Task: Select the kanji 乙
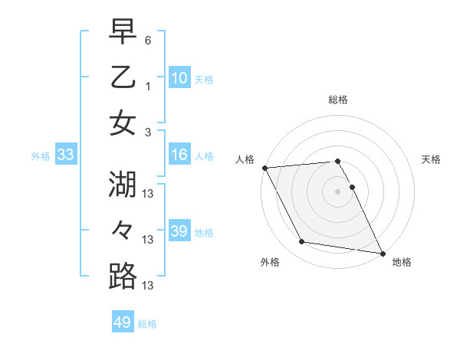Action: point(123,77)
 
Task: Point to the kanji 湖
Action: point(123,184)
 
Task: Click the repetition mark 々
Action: point(123,230)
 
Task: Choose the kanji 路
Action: point(123,276)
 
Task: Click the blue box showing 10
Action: point(179,78)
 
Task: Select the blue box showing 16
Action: point(179,155)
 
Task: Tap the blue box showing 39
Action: point(179,232)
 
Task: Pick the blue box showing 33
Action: point(65,155)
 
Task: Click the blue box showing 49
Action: point(123,322)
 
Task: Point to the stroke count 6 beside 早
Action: point(148,39)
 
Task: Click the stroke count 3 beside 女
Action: point(148,132)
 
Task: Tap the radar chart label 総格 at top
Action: point(337,100)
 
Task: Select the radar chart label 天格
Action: point(432,159)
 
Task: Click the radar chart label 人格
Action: point(245,159)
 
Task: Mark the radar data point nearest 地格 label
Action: point(381,253)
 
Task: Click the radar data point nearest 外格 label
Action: point(302,242)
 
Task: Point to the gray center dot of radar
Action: point(337,191)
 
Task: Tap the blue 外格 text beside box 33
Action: point(41,156)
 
